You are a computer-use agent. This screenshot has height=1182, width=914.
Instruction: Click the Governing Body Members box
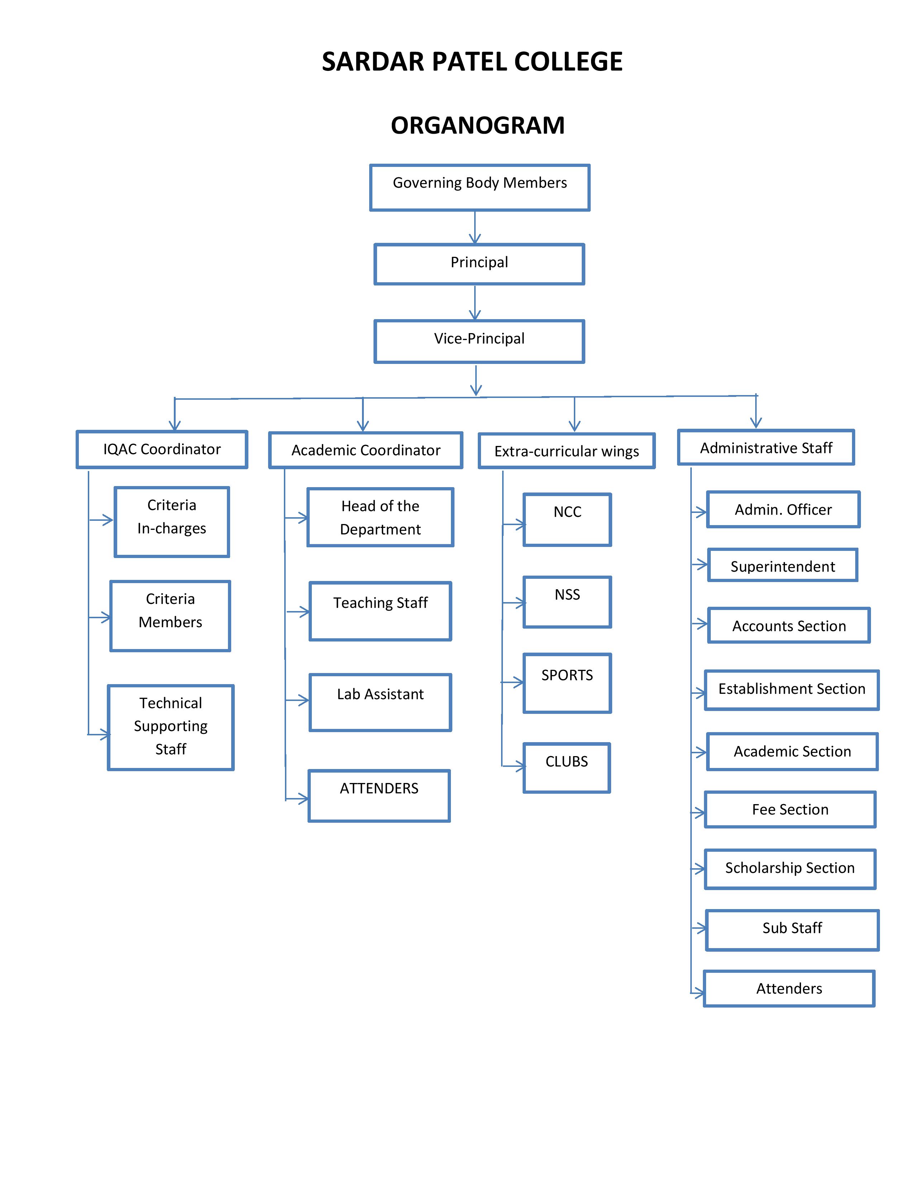click(480, 187)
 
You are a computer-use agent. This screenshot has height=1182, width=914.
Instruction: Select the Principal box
click(479, 264)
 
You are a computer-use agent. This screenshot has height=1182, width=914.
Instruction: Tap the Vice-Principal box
click(479, 341)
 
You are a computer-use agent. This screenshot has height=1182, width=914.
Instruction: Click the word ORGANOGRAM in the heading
click(477, 126)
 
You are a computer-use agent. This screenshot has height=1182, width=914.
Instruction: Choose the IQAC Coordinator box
click(162, 449)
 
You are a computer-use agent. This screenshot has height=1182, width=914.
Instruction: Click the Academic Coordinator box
click(366, 450)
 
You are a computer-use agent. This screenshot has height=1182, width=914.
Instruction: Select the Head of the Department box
click(380, 518)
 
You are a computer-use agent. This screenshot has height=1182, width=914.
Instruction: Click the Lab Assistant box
click(380, 702)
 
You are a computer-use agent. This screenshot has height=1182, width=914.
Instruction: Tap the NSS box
click(567, 602)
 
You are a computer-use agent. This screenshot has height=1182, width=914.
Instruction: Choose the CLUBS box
click(566, 768)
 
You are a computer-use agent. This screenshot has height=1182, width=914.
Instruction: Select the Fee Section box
click(790, 809)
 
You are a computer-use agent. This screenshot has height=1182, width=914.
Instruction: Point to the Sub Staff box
click(792, 930)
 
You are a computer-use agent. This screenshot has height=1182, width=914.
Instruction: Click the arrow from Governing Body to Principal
click(475, 228)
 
